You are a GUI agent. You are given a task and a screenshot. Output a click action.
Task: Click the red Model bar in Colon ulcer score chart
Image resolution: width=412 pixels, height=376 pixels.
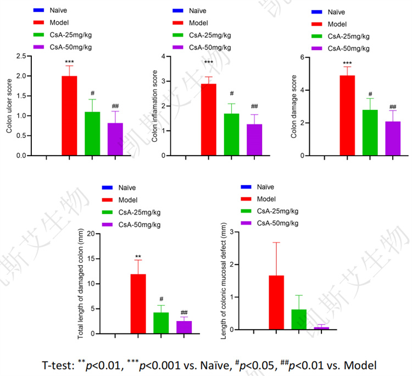point(69,116)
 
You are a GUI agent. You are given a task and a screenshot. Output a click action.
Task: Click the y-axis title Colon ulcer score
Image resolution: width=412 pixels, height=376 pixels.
point(9,106)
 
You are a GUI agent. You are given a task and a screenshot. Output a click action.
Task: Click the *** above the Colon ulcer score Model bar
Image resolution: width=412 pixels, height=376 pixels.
point(69,62)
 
